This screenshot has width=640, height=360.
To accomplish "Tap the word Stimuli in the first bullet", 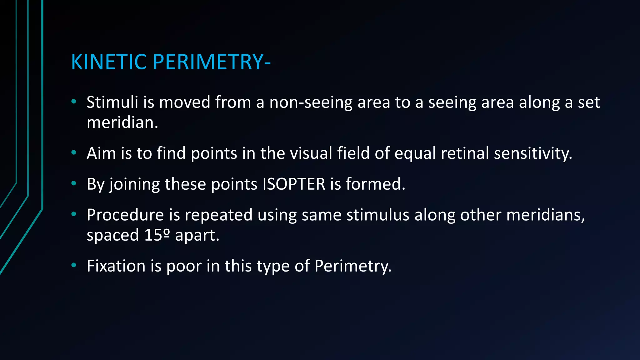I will click(112, 102).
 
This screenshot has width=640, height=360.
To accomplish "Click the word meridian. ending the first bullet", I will click(122, 122).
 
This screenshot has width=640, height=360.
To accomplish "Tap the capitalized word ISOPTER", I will click(294, 184).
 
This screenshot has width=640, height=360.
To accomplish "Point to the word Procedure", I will click(125, 215).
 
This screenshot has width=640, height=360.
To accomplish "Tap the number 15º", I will click(157, 235).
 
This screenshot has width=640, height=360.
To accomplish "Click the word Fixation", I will click(116, 266).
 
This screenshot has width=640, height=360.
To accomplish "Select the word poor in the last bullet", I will click(184, 267).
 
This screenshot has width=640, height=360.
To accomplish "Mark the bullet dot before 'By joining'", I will click(74, 183).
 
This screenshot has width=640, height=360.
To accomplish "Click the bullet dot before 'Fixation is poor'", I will click(74, 265).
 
